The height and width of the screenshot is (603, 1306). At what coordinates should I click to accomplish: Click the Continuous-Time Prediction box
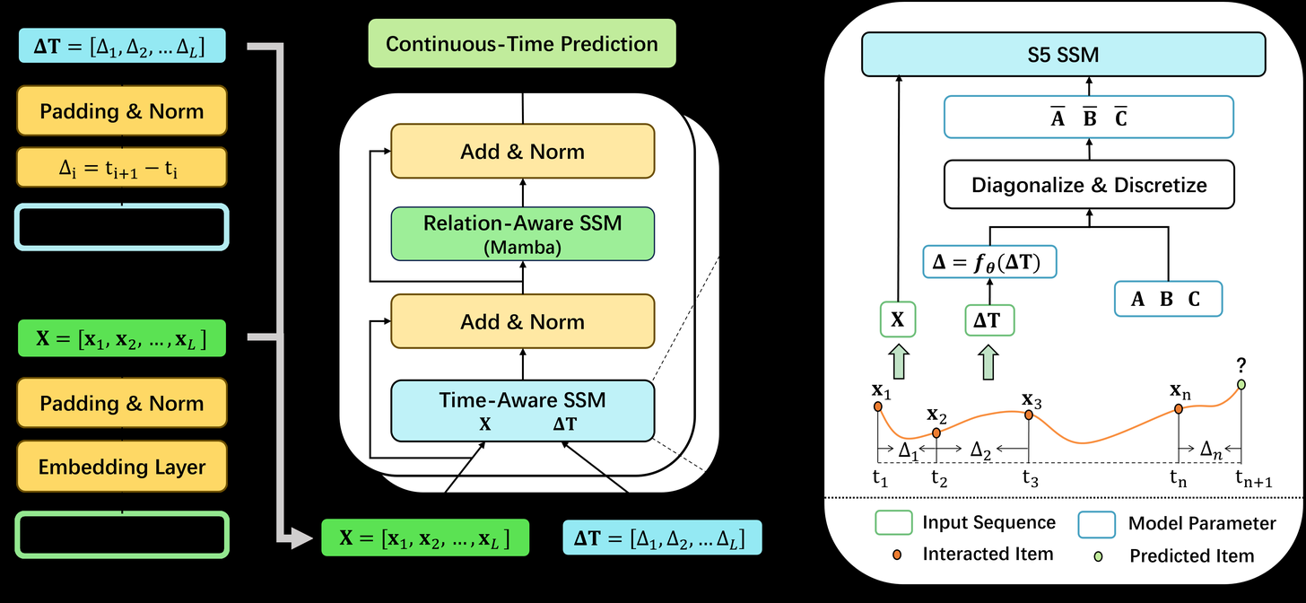[x=522, y=44]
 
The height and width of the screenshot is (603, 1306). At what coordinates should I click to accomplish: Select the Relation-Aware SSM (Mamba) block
[x=522, y=234]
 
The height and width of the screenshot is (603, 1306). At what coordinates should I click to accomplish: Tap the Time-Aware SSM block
[x=522, y=410]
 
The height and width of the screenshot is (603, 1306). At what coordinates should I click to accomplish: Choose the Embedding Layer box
[x=122, y=467]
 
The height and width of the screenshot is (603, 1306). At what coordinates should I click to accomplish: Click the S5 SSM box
[x=1064, y=56]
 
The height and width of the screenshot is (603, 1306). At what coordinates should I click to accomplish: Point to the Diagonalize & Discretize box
[x=1089, y=186]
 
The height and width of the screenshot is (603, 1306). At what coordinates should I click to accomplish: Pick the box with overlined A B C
[x=1089, y=117]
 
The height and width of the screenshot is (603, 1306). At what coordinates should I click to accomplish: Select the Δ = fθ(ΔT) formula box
[x=989, y=262]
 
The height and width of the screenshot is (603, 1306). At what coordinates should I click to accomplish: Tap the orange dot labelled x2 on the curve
[x=936, y=433]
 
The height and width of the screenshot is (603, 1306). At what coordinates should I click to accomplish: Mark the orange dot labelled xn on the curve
[x=1179, y=409]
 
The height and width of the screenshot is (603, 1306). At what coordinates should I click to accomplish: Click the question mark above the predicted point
[x=1241, y=366]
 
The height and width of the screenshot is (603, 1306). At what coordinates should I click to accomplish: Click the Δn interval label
[x=1211, y=448]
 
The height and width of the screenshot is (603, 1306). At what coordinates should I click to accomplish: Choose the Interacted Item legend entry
[x=988, y=555]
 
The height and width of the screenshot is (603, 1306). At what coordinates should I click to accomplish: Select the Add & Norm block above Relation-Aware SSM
[x=522, y=152]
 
